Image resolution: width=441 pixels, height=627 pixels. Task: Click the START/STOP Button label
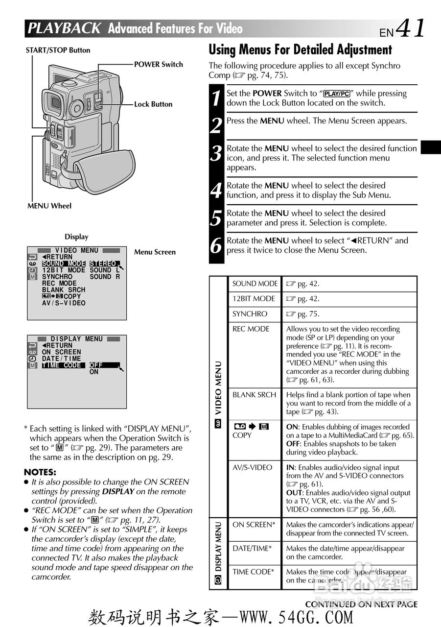coord(58,50)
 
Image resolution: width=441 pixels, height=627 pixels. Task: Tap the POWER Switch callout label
coord(158,64)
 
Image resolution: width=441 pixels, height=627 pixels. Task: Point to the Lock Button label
coord(153,104)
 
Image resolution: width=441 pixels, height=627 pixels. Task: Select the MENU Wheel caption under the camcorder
coord(49,206)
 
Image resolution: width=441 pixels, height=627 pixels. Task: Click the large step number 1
coord(216,98)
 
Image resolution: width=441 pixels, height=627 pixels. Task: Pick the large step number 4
coord(216,191)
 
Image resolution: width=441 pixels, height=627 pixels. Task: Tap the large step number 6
coord(216,245)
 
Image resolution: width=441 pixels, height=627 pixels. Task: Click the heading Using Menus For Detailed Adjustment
coord(300,49)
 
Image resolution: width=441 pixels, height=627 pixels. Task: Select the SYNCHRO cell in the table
coord(250,314)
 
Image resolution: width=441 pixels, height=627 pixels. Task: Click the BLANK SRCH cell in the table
coord(254,395)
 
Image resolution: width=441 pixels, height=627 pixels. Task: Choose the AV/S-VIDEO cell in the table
coord(252,467)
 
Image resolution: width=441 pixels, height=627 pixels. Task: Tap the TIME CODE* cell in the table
coord(253,572)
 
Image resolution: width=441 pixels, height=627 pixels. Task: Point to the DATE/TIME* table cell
coord(252,548)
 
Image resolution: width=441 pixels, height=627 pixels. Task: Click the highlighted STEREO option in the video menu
coord(103,264)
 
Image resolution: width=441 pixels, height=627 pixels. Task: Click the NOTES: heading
coord(40,472)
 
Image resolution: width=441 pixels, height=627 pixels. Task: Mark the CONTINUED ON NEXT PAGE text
coord(361,604)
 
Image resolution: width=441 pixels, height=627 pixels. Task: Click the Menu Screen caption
coord(155,252)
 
